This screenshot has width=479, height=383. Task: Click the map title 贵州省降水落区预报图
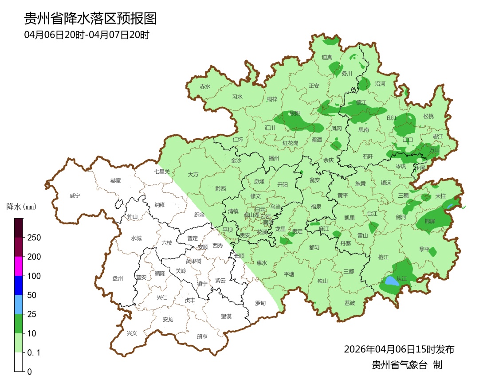90,19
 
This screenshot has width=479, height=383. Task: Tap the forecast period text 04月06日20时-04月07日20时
86,35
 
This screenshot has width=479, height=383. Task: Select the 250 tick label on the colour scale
34,238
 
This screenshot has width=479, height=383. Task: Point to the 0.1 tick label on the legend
34,353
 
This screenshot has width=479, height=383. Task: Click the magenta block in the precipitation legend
19,266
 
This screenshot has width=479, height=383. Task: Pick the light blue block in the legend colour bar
19,305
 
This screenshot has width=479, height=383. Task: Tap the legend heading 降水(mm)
21,207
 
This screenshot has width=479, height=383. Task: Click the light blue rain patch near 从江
391,281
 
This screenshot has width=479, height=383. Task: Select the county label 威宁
75,195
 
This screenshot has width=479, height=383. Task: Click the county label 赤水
205,87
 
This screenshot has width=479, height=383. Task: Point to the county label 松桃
428,117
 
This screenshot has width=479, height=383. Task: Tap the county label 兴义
132,333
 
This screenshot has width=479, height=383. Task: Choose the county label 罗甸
260,303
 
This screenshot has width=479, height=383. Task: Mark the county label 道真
327,57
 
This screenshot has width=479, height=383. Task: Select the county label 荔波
349,303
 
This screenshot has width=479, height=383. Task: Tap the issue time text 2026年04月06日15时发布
399,349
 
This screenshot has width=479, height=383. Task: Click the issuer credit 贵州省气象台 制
407,365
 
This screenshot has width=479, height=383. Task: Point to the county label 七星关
162,171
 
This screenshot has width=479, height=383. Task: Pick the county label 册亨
202,336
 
